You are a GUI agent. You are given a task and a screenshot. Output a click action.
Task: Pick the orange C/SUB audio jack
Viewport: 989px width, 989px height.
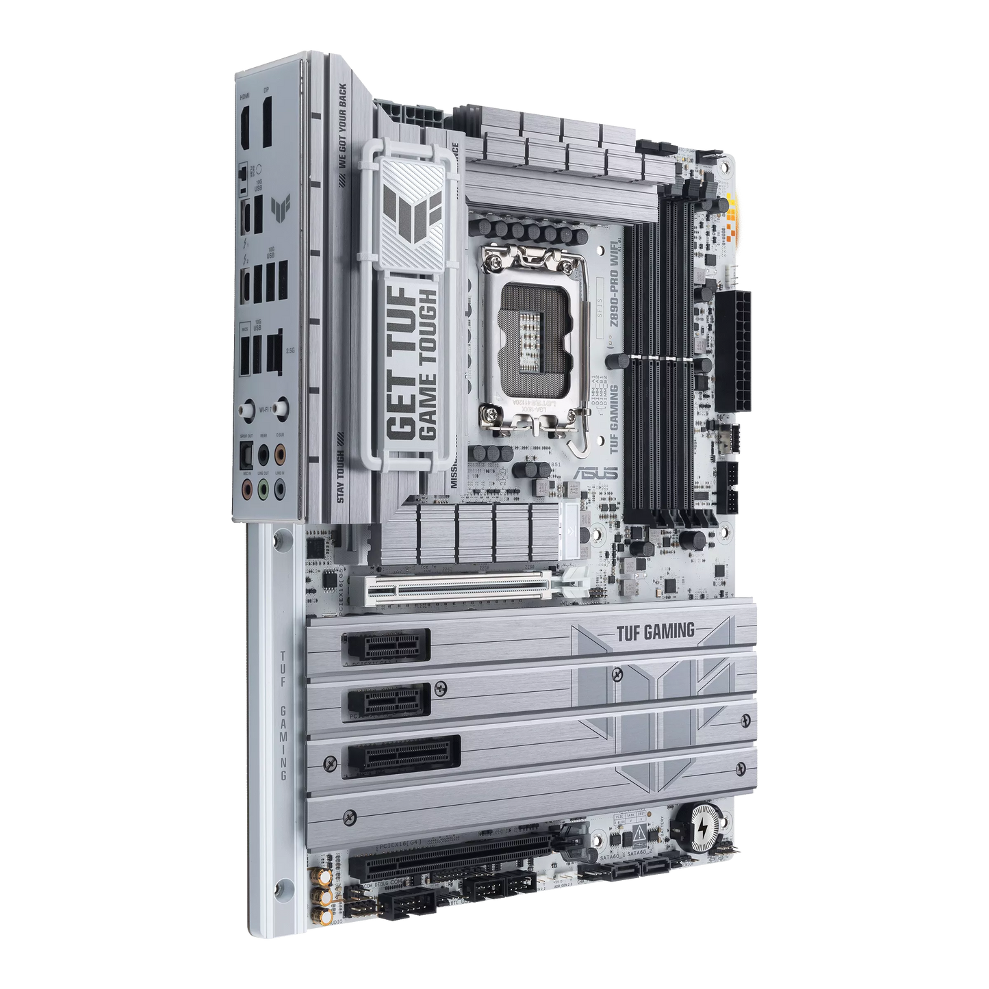coord(279,454)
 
